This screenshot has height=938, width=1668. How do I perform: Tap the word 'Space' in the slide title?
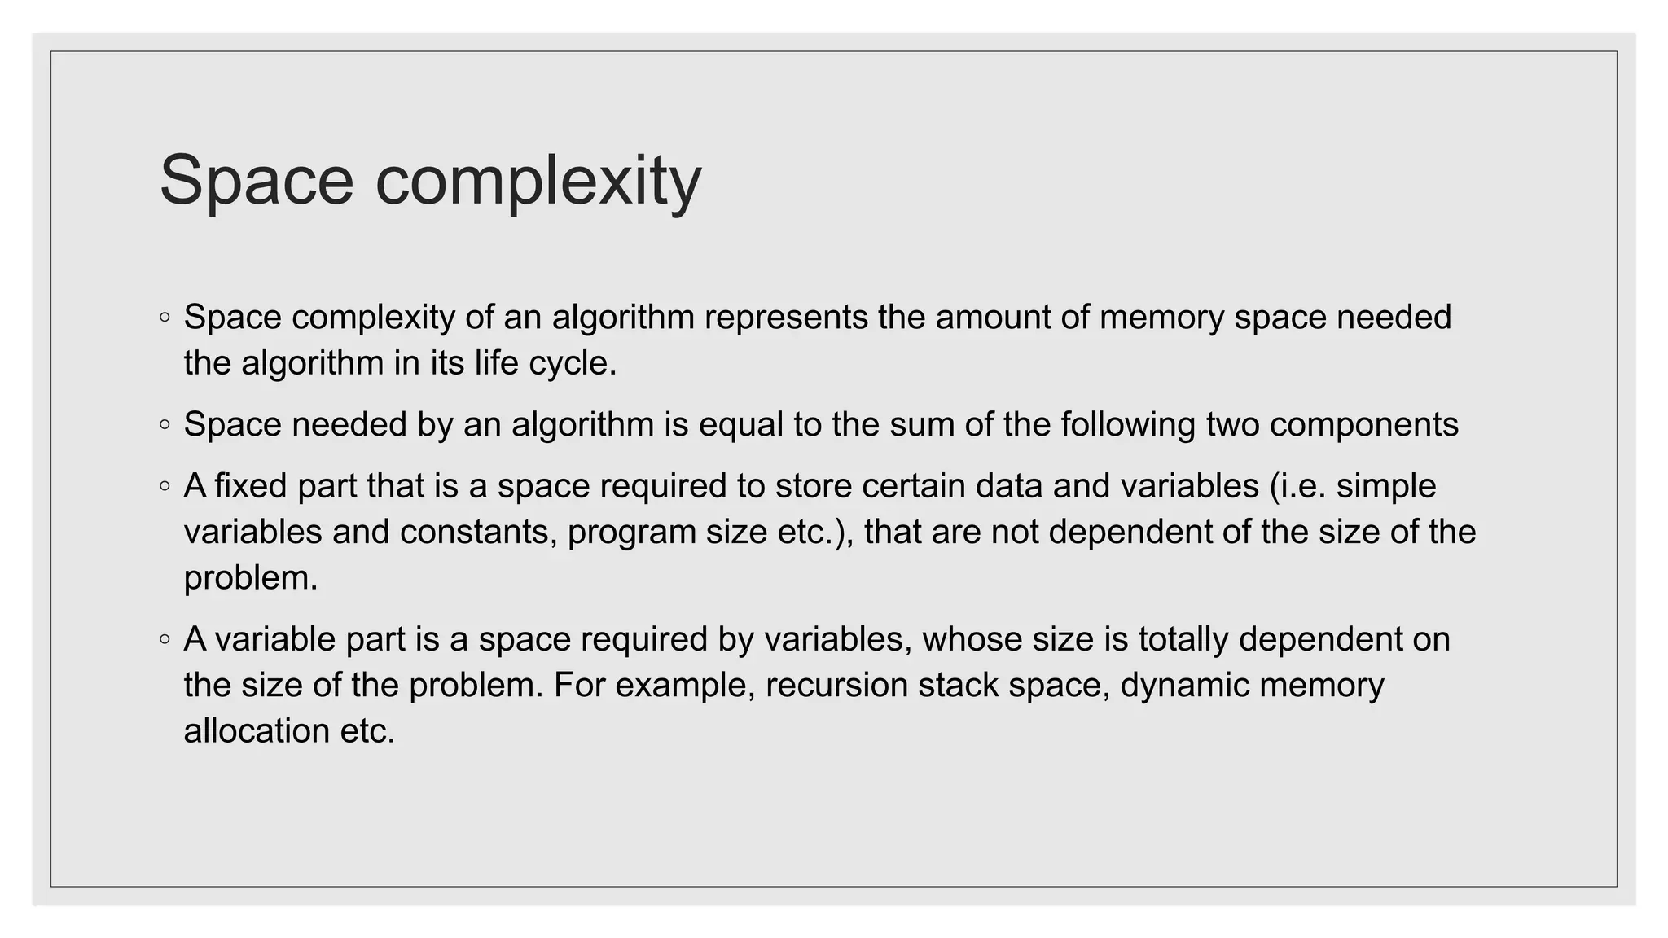[257, 181]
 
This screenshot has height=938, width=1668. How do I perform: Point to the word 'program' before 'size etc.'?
[631, 533]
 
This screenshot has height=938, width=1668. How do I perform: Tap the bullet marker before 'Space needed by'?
[165, 425]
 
